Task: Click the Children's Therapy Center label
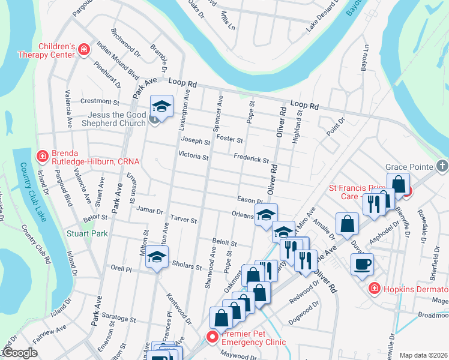coord(58,50)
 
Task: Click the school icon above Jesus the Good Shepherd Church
coord(160,107)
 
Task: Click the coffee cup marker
coord(362,264)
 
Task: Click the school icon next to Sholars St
coord(157,259)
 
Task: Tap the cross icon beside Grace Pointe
coord(442,165)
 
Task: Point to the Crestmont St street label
coord(100,102)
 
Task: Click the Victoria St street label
coord(193,157)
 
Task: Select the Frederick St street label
coord(251,159)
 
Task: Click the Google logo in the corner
coord(20,353)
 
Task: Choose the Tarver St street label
coord(184,220)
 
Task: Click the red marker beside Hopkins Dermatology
coord(374,289)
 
